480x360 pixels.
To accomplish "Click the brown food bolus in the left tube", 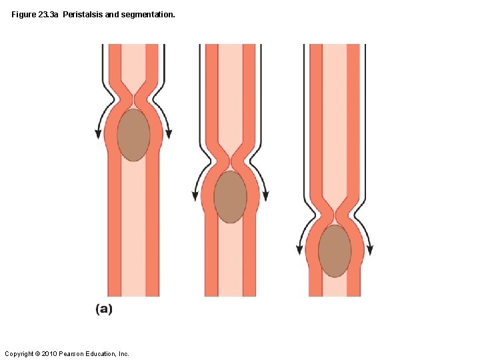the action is tap(133, 135).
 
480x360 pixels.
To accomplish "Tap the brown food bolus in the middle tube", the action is tap(230, 197).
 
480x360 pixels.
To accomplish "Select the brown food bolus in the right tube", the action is tap(335, 251).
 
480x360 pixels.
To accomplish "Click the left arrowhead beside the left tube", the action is tap(99, 134).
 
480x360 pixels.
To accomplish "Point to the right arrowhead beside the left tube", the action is tap(169, 134).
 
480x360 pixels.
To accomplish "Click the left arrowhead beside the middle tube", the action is tap(195, 197).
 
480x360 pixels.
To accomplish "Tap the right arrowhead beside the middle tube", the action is tap(266, 197).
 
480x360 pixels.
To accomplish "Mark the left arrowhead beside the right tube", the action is tap(300, 251).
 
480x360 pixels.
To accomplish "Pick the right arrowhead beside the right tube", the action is tap(370, 251).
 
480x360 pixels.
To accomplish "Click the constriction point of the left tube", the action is tap(133, 101).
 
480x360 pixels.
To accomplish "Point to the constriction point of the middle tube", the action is tap(230, 162).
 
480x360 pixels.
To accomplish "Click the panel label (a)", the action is tap(103, 309).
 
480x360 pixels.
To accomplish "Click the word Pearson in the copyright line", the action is tap(74, 353).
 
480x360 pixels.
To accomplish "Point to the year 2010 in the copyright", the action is tap(51, 353).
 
